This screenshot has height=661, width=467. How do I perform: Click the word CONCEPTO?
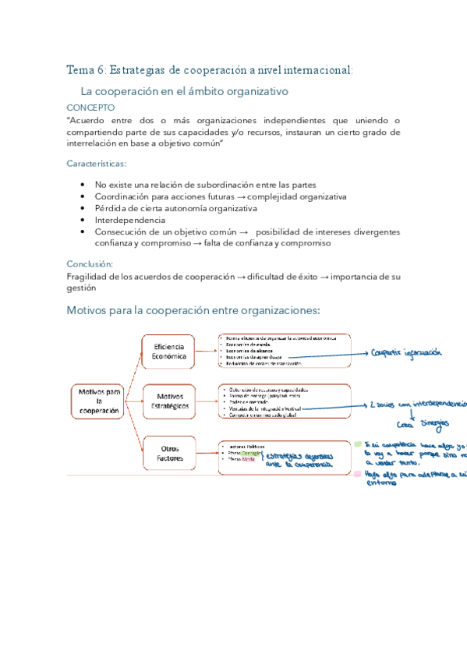(x=90, y=108)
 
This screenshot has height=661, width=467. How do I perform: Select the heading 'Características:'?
(x=96, y=164)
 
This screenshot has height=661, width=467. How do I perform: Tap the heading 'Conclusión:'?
(x=90, y=263)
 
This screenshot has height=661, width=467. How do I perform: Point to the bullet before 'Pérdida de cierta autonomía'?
(x=83, y=208)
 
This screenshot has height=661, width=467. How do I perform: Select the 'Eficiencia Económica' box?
(x=170, y=352)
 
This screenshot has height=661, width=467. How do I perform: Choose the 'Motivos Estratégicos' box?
(x=170, y=401)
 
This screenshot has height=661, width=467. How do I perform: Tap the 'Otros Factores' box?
(x=170, y=453)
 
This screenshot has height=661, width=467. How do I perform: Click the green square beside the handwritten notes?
(x=358, y=444)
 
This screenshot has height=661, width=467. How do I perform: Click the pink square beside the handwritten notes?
(x=358, y=473)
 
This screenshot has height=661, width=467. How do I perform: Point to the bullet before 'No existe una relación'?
(x=83, y=185)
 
